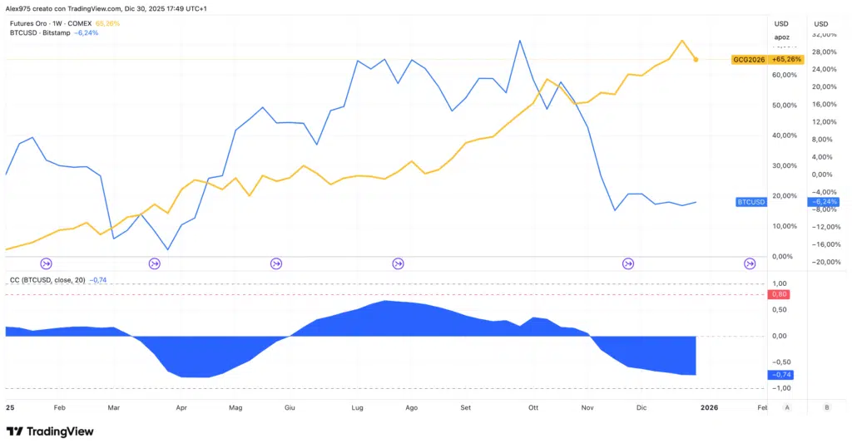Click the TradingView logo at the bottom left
tap(50, 431)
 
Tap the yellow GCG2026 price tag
tap(748, 59)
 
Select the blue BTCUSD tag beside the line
tap(751, 202)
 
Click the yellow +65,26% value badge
tap(786, 59)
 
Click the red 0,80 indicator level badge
tap(780, 294)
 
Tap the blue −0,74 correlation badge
tap(782, 375)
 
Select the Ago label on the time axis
tap(411, 407)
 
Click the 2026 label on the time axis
tap(709, 407)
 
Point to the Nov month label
tap(587, 407)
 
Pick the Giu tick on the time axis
tap(290, 407)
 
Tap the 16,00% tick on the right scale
tap(823, 105)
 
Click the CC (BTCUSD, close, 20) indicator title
tap(47, 279)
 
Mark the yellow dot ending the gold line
tap(696, 59)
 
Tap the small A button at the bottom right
tap(787, 407)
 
